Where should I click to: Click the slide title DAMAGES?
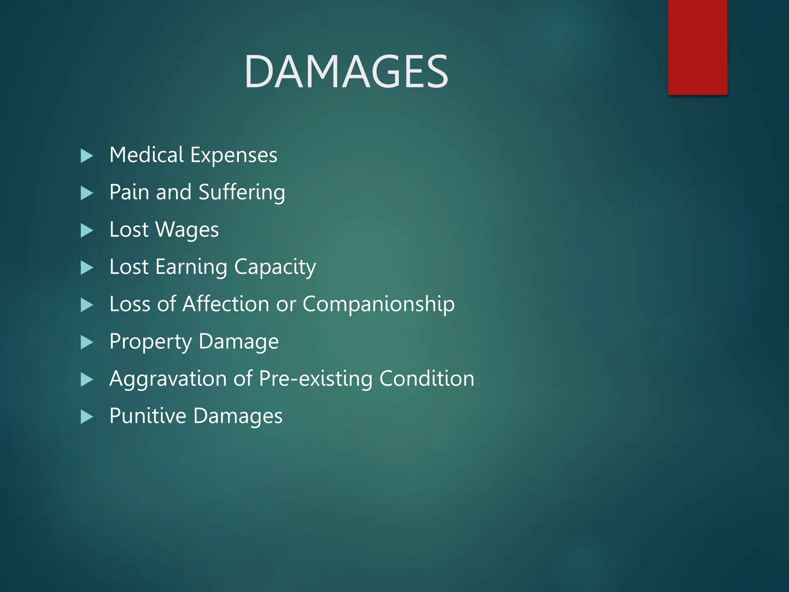click(x=346, y=72)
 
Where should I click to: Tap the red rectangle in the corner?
click(x=697, y=47)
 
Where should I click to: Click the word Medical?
click(x=146, y=155)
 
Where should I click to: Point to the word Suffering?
click(x=242, y=193)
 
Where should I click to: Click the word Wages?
click(x=187, y=230)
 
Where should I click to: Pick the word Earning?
click(x=191, y=267)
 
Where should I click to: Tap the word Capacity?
click(x=275, y=267)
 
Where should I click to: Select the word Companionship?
click(x=378, y=304)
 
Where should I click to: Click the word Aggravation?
click(x=167, y=379)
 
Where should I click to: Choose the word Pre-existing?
click(x=316, y=379)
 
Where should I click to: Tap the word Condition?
click(x=426, y=378)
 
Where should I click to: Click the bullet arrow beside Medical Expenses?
click(x=87, y=156)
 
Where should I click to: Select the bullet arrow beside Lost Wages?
click(x=87, y=230)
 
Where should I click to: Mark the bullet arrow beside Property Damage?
click(x=87, y=342)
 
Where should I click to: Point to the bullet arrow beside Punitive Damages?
click(x=87, y=417)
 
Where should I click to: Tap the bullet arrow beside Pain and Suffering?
click(x=87, y=193)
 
